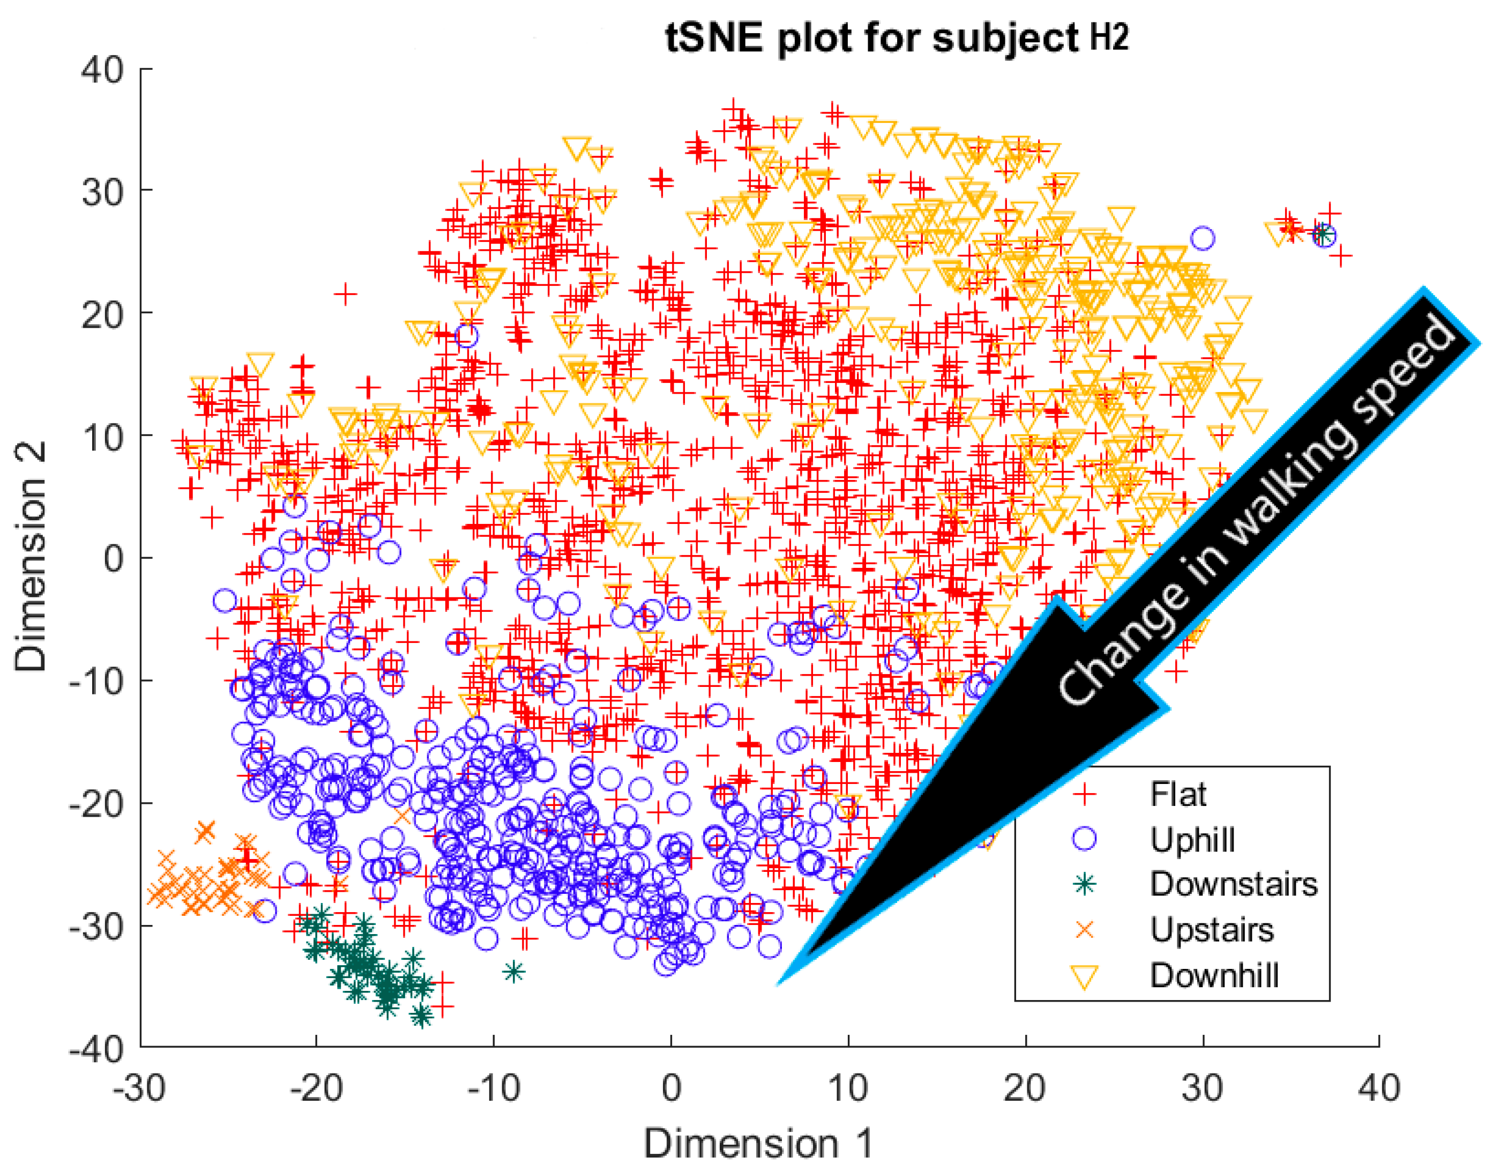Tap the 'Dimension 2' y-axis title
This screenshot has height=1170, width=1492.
point(31,556)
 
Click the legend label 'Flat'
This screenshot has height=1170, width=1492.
point(1178,795)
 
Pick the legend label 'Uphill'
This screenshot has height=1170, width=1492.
point(1193,840)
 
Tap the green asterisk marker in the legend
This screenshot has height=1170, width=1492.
point(1085,884)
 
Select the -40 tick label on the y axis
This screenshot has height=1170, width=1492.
point(96,1049)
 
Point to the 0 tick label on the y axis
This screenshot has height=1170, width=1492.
point(114,559)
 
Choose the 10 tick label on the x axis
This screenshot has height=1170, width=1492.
point(848,1088)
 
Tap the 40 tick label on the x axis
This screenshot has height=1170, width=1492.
point(1379,1088)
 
